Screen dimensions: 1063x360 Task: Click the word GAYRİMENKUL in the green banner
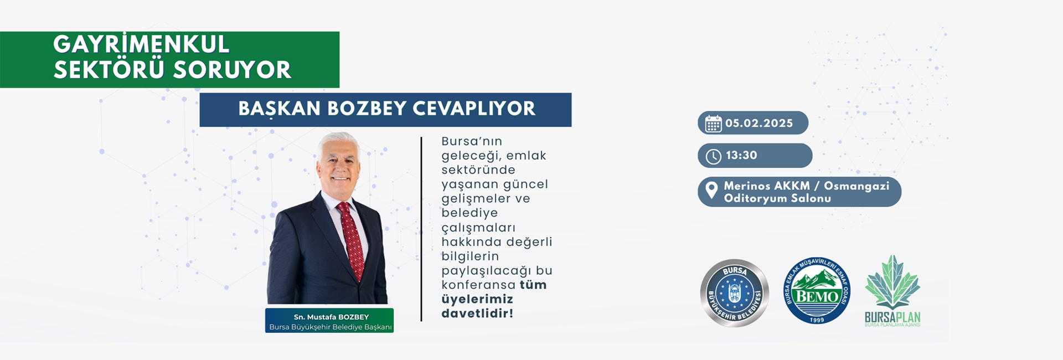141,44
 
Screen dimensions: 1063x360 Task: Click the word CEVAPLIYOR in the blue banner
474,109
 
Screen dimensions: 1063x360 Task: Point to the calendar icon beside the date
713,124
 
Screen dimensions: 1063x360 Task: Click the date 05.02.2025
759,123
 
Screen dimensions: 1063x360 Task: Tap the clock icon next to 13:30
713,157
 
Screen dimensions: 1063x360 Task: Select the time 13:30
741,156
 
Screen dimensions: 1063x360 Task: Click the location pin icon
712,190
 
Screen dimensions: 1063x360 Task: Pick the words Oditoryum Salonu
777,198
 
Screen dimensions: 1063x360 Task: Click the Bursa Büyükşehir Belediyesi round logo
735,292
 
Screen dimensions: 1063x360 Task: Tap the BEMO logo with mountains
817,290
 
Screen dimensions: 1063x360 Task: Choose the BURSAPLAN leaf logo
892,291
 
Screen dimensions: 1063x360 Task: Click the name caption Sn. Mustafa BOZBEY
331,317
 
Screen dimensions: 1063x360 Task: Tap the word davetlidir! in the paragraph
477,313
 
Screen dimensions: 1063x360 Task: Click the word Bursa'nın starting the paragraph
472,141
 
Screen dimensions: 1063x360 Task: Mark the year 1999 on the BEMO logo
817,320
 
